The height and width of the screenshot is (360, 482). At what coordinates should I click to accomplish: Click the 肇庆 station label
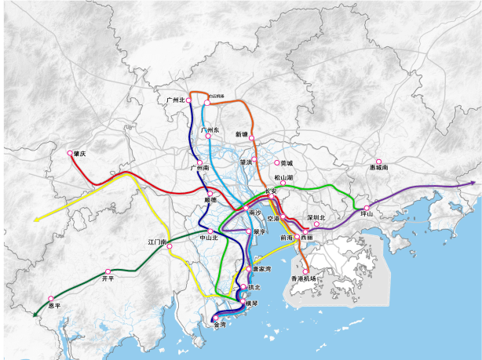pyautogui.click(x=79, y=154)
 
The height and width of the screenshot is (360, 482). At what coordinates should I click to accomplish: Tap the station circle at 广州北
pyautogui.click(x=189, y=100)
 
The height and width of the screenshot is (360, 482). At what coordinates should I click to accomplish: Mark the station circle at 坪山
pyautogui.click(x=367, y=207)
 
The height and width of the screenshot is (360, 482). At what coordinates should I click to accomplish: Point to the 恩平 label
pyautogui.click(x=53, y=306)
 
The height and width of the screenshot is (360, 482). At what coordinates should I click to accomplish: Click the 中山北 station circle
pyautogui.click(x=210, y=231)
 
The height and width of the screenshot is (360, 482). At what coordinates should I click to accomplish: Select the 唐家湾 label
pyautogui.click(x=262, y=269)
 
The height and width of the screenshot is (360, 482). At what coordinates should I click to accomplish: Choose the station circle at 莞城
pyautogui.click(x=275, y=163)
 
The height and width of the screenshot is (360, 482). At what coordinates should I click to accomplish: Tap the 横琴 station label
pyautogui.click(x=252, y=304)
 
